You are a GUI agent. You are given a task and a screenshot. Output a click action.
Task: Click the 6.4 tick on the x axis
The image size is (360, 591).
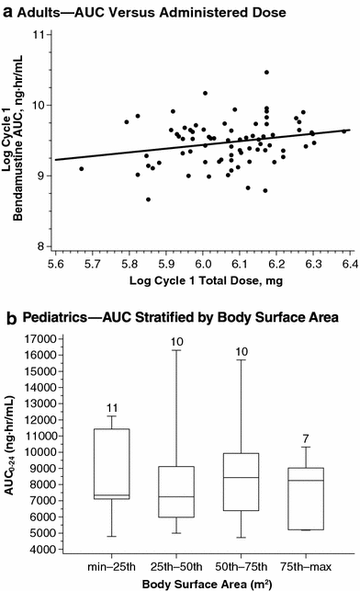click(x=348, y=263)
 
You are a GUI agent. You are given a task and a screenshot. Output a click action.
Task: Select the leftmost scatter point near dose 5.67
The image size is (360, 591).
click(x=81, y=169)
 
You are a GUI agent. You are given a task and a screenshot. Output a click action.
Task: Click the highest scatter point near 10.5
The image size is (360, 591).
click(x=266, y=72)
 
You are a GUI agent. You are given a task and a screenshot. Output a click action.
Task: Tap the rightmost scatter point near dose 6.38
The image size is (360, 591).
click(x=344, y=131)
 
